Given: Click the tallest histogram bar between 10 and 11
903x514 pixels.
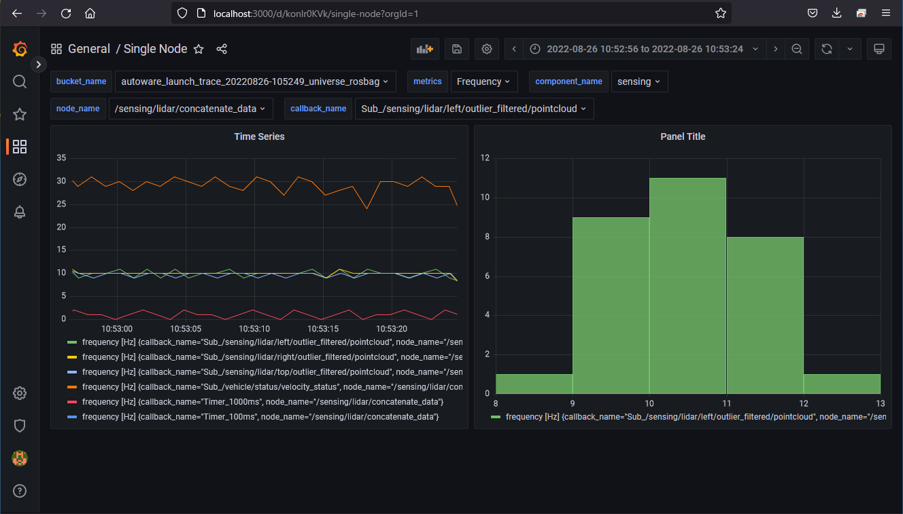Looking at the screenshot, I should tap(688, 285).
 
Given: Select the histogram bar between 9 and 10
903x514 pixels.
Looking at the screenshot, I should tap(611, 306).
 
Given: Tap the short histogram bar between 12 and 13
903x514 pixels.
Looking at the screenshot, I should tap(842, 384).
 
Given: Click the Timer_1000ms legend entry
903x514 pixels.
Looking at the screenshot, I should tap(262, 402).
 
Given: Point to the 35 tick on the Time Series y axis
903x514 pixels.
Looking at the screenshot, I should tap(61, 158).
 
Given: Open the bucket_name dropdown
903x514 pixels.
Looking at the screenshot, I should tap(255, 81).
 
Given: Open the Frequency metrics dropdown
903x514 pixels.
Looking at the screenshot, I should tap(483, 81).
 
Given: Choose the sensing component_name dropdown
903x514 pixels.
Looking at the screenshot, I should tap(639, 81).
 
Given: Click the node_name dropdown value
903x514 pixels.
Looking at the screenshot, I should tap(191, 109).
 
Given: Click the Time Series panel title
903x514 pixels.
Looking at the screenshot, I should tap(259, 136).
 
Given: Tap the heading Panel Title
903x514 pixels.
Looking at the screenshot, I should tap(683, 136).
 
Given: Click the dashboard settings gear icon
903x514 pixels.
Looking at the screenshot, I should tap(487, 49).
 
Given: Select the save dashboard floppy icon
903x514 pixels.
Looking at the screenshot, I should tap(457, 49).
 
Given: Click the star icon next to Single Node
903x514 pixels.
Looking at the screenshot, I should tap(199, 49).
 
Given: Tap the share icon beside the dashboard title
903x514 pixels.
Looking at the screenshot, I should tap(222, 49).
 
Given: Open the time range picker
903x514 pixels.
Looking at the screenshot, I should tap(644, 49).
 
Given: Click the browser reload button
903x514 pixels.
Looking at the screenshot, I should tap(66, 13).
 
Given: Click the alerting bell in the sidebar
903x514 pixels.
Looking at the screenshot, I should tap(20, 212).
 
